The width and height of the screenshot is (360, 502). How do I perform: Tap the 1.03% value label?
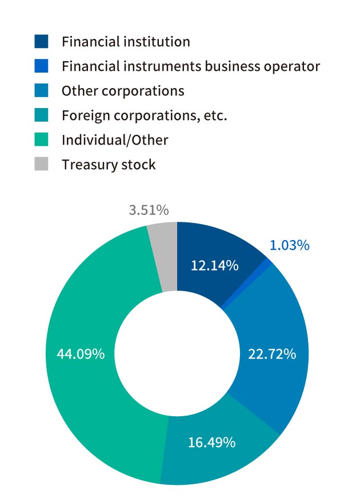pos(290,245)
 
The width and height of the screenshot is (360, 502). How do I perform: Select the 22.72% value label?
pos(272,354)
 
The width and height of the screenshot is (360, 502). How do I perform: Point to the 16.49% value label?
pos(212,443)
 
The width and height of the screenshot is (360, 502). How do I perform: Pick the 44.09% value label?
pos(81,354)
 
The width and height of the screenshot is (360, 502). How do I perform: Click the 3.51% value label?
pos(149,210)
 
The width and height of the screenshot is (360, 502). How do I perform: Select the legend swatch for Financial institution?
pos(42,42)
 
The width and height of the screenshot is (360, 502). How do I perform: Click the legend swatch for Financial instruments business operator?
pos(42,66)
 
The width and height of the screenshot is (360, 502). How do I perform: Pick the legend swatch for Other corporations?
pos(42,91)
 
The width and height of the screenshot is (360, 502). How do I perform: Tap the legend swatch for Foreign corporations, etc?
pos(42,115)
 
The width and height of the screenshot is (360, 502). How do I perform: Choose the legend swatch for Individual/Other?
pos(42,140)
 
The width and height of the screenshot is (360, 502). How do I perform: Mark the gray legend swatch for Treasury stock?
pos(42,165)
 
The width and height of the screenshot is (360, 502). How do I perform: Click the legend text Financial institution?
pos(126,42)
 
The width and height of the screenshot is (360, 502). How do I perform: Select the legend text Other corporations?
pos(123,91)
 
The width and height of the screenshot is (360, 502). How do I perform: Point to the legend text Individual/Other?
pos(115,140)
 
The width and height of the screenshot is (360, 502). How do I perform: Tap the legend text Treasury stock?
pos(109,165)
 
